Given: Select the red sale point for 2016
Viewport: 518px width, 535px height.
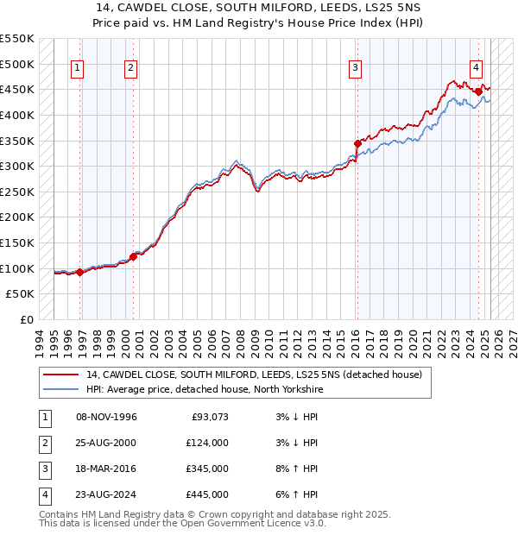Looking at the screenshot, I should (357, 143).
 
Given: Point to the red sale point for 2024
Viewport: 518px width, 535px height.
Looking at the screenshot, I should (478, 91).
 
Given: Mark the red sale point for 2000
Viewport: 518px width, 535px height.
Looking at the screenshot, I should (134, 256).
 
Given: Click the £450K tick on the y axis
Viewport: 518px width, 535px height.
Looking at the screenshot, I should (17, 90).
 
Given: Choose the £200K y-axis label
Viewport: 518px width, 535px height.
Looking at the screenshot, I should (17, 217).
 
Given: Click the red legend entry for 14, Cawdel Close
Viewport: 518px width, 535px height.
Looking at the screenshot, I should (254, 374).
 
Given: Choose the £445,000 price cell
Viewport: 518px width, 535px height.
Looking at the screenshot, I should (206, 495).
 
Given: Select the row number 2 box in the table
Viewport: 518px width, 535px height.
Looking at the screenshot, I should (44, 444).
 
